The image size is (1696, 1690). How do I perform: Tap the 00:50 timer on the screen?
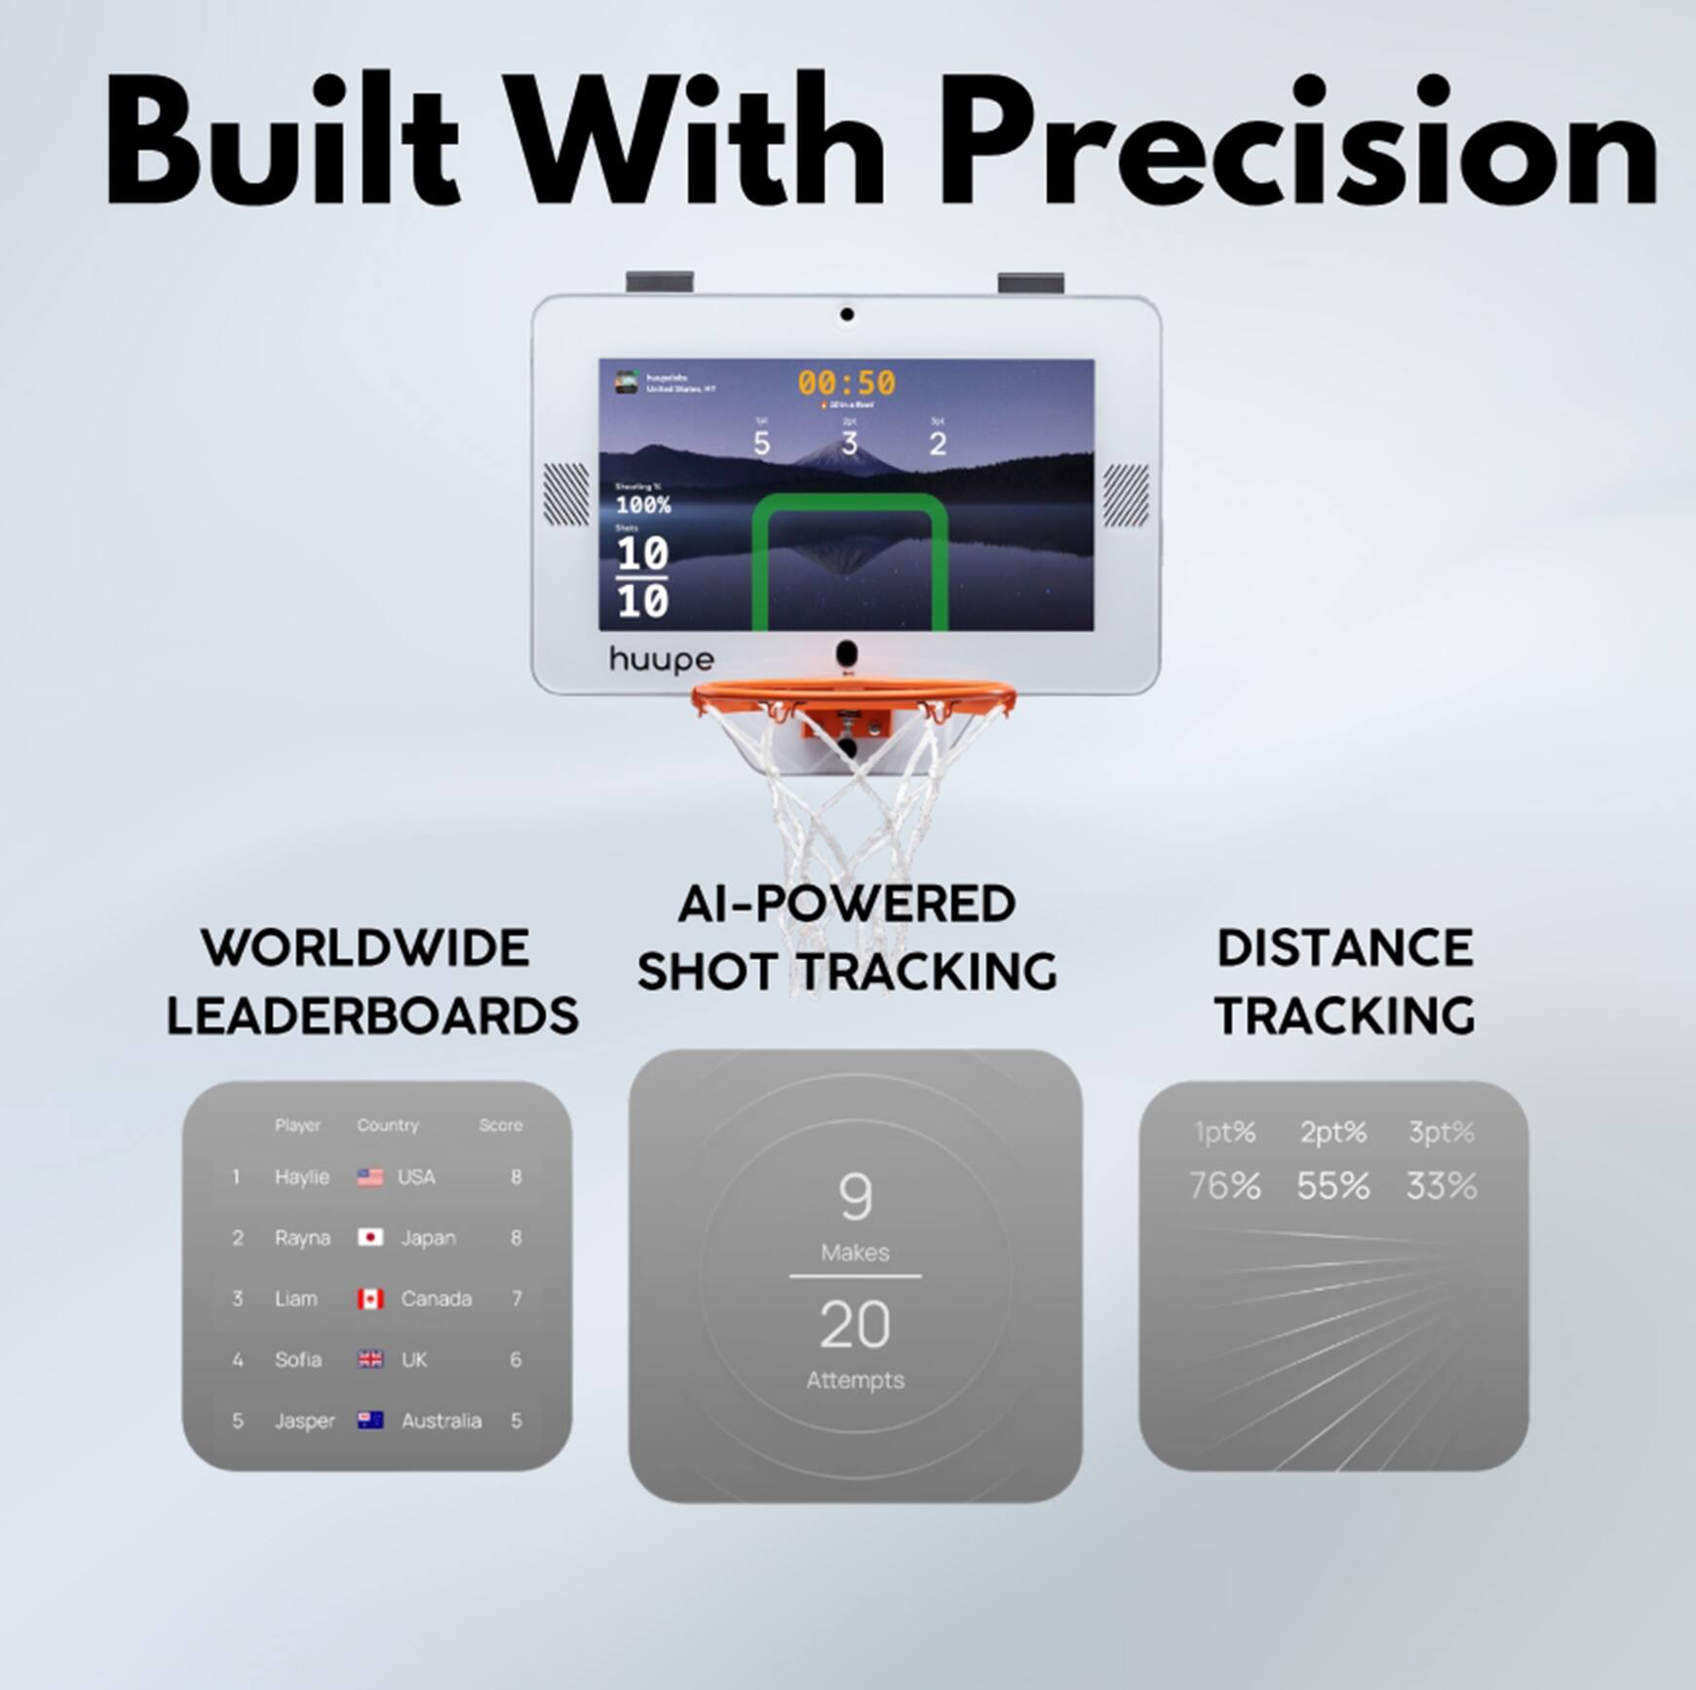846,382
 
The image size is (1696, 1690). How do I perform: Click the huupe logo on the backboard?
661,660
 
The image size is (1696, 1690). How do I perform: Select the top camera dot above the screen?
847,315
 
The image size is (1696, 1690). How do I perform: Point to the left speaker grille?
565,494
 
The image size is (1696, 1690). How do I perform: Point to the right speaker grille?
1126,494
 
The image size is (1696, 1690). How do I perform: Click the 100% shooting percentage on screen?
643,505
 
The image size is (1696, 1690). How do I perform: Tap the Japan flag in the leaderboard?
370,1237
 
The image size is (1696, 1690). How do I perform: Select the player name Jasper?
304,1421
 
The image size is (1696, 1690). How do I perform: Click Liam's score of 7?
517,1298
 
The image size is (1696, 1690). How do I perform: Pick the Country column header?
387,1125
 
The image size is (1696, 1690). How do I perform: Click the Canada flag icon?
370,1298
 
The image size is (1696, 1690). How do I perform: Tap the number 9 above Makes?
855,1197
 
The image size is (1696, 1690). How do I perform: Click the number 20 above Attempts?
855,1325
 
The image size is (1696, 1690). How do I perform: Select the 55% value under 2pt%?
1332,1186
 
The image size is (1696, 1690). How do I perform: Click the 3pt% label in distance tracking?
1441,1133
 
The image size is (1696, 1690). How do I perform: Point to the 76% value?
1224,1186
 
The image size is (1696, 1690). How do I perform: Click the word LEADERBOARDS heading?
372,1016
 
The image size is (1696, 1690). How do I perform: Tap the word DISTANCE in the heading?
1345,948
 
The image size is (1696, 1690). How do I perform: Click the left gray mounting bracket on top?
659,282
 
